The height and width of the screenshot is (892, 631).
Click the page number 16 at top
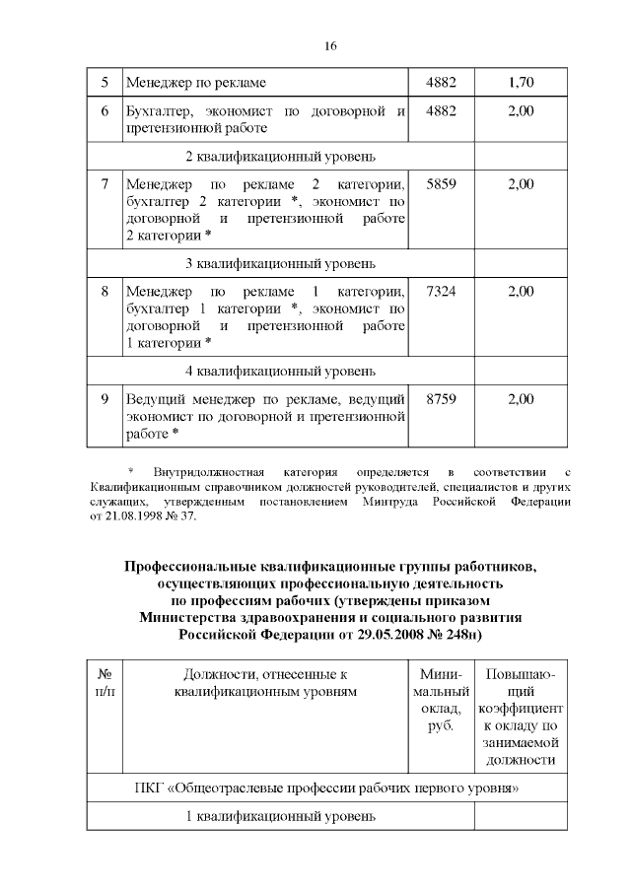point(329,46)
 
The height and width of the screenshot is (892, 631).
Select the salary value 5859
point(441,184)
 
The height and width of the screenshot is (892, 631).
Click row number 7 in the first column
point(105,184)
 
